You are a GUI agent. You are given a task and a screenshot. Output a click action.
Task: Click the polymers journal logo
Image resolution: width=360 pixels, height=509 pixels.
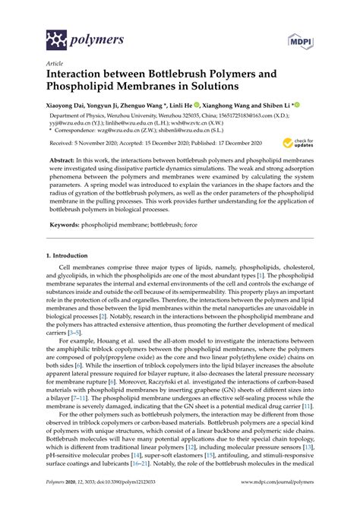(73, 36)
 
